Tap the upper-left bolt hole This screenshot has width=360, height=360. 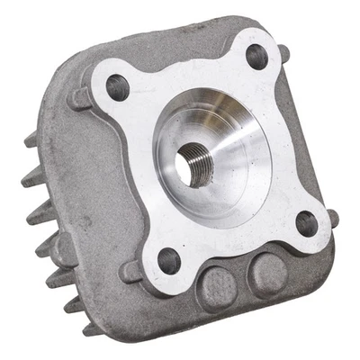tap(118, 87)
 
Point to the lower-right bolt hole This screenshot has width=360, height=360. tap(306, 222)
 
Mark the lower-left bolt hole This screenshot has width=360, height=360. tap(168, 263)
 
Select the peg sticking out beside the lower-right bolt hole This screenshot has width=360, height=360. tap(332, 218)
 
